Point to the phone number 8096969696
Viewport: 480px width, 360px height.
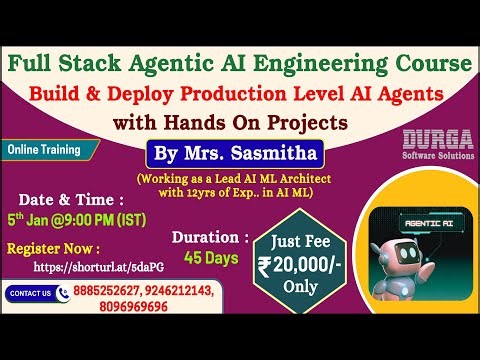click(114, 309)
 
